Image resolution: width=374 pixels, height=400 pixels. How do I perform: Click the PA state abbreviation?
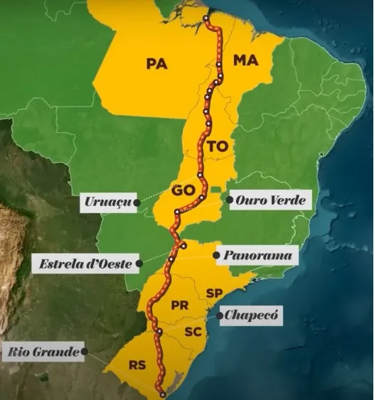(156, 64)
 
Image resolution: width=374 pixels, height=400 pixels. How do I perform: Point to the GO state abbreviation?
(181, 190)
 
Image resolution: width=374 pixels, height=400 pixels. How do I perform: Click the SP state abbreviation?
(214, 293)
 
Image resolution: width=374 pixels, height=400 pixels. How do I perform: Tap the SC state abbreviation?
(193, 331)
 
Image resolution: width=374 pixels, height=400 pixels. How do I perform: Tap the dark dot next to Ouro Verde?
(229, 200)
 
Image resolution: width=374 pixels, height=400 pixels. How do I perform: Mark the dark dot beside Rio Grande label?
(85, 351)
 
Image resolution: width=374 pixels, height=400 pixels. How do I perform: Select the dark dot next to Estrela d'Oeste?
(139, 264)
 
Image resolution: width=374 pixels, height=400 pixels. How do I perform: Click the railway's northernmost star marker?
(206, 18)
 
